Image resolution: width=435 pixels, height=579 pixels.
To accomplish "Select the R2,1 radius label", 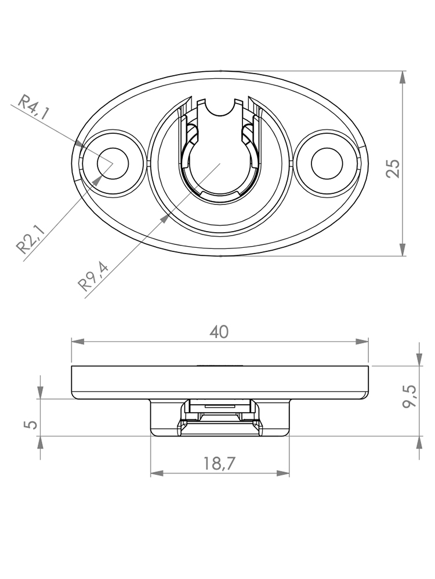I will tap(30, 240).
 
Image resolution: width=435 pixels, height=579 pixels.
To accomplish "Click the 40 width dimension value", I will tap(219, 332).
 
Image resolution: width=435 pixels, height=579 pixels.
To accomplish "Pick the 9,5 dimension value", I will tap(409, 395).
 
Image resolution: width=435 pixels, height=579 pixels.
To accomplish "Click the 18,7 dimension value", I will tap(219, 463).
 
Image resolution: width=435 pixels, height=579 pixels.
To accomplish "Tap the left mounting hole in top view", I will tap(113, 163).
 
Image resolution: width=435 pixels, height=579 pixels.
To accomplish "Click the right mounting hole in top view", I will tap(327, 163).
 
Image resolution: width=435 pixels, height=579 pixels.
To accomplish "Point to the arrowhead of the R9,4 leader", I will tap(164, 218).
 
